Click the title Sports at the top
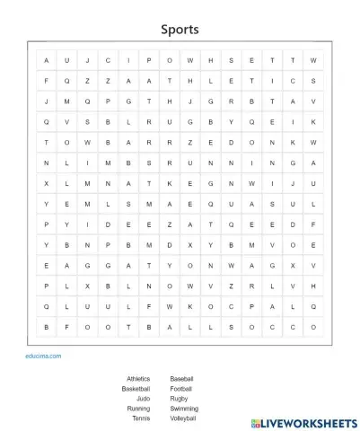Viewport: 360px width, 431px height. (x=180, y=30)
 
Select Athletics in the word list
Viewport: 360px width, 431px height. (x=138, y=379)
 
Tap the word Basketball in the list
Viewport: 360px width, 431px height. (x=136, y=389)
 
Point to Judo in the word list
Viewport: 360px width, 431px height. (x=144, y=399)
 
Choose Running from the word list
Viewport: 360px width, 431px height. (x=138, y=409)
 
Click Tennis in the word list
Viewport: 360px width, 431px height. (x=141, y=418)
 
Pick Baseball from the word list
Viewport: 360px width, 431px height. (x=181, y=379)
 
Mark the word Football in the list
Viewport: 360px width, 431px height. (x=180, y=389)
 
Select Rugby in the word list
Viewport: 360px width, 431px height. (x=179, y=399)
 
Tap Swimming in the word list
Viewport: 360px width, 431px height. (x=184, y=409)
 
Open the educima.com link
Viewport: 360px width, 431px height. (x=43, y=356)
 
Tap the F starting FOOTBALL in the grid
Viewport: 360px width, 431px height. (x=66, y=328)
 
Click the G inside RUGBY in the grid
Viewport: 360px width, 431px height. (x=189, y=121)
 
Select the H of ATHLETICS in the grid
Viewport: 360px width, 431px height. (x=189, y=81)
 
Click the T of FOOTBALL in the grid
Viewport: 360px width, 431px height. (x=128, y=328)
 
